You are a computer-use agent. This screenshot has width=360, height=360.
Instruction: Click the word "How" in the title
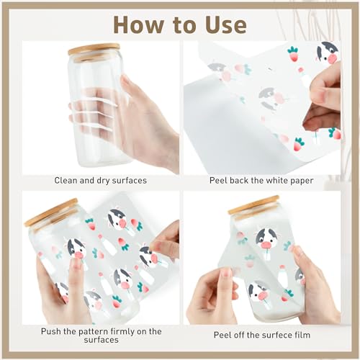tap(138, 24)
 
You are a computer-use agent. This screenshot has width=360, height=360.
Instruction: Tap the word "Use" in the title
tap(226, 24)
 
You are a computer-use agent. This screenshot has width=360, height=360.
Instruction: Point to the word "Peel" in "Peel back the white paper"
tap(218, 180)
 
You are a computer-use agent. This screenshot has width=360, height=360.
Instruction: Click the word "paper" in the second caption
tap(302, 181)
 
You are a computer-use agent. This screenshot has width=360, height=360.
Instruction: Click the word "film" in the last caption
tap(302, 335)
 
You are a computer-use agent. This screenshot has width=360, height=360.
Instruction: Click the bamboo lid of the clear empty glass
tap(94, 50)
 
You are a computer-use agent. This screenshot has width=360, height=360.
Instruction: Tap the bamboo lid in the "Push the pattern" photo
tap(51, 212)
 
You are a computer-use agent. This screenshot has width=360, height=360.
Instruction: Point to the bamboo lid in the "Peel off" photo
tap(254, 204)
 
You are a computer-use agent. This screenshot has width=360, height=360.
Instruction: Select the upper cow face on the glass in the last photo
tap(266, 239)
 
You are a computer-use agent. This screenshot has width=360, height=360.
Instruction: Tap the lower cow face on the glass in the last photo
tap(258, 291)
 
